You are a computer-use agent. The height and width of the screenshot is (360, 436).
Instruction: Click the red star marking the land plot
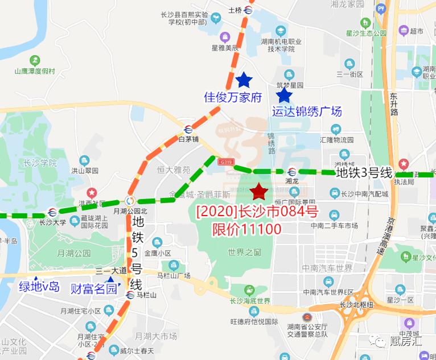(x=259, y=192)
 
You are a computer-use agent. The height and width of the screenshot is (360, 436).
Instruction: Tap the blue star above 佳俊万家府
(x=244, y=80)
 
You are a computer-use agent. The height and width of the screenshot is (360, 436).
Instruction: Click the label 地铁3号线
(x=364, y=172)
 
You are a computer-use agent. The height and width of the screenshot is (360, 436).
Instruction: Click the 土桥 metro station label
(x=235, y=10)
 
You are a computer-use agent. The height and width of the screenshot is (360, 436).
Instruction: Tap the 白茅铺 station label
(x=188, y=138)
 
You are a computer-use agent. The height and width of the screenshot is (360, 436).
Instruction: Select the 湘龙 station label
(x=292, y=180)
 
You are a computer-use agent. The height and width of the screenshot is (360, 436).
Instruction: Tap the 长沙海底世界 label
(x=249, y=301)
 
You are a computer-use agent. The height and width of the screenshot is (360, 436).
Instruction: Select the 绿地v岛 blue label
(x=39, y=287)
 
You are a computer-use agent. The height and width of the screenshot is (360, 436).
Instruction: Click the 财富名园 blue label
(x=93, y=288)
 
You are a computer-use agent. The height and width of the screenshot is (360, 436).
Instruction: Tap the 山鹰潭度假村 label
(x=35, y=71)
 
